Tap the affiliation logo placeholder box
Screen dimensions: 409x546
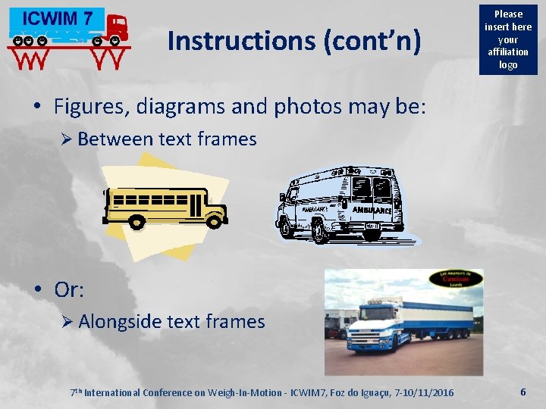point(508,39)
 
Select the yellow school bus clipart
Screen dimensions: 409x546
point(165,207)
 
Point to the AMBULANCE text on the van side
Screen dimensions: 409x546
point(372,209)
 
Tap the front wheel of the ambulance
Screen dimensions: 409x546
point(320,232)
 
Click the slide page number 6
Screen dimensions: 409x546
point(523,392)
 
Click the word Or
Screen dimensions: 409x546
point(68,289)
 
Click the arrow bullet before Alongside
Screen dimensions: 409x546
point(66,322)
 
